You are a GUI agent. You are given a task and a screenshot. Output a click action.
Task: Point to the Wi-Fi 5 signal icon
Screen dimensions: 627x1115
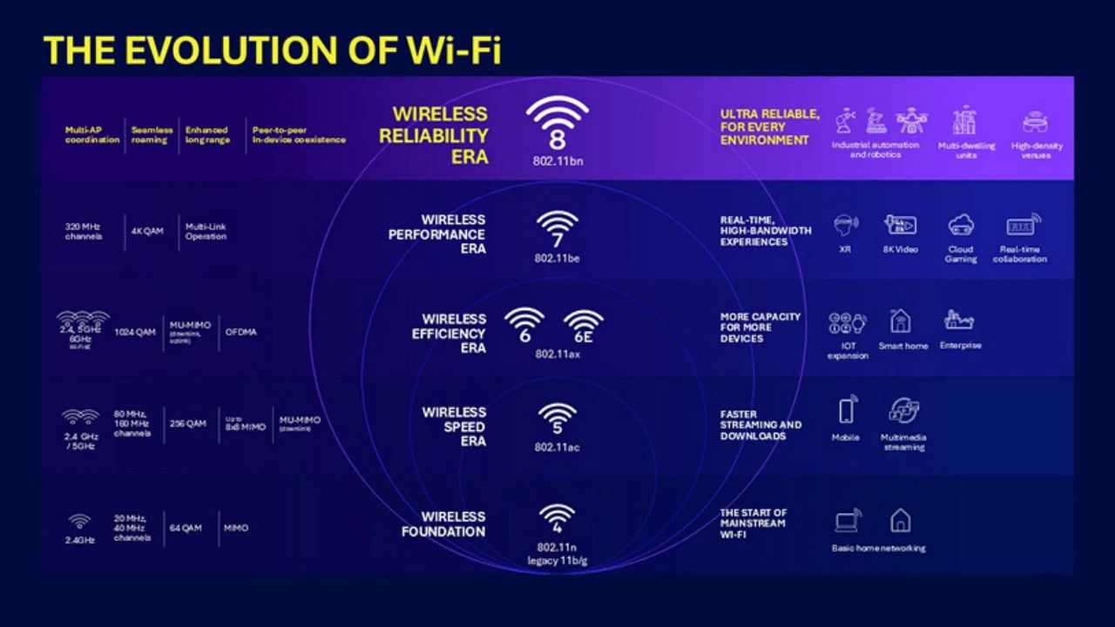(557, 419)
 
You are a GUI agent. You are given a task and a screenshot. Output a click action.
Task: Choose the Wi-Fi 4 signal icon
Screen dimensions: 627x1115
(557, 519)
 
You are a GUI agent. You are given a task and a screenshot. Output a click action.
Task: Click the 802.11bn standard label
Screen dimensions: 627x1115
(557, 160)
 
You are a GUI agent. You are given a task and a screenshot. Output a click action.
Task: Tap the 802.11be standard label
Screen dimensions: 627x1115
(557, 258)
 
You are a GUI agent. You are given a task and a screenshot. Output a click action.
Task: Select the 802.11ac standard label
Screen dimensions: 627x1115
(557, 447)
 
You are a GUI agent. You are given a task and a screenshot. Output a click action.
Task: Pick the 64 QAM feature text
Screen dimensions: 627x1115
(185, 528)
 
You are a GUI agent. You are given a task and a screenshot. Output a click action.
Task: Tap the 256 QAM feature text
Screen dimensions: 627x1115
(188, 423)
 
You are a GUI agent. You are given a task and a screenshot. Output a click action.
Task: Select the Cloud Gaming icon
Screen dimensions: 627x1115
(961, 226)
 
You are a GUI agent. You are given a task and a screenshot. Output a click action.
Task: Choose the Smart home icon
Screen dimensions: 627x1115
(901, 322)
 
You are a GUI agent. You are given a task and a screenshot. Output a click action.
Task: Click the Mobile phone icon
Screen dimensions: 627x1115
(846, 411)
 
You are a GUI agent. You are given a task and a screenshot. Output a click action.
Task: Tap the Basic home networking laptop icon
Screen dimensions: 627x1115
(848, 521)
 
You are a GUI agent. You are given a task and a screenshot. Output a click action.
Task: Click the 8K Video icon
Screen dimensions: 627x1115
(900, 226)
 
